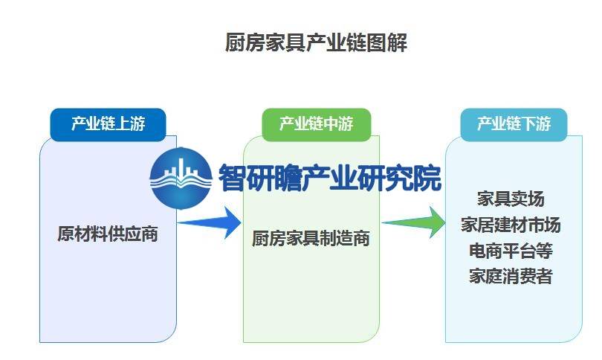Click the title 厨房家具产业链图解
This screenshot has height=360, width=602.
[x=316, y=42]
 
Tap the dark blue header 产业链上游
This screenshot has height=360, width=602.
[x=108, y=124]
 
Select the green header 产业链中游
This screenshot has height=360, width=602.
[x=317, y=124]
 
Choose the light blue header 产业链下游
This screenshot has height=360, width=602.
[x=514, y=124]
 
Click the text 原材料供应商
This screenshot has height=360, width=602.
[x=108, y=234]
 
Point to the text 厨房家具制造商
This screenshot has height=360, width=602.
[x=311, y=238]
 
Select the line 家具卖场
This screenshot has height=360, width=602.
[x=511, y=199]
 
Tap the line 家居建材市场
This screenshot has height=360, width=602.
[x=511, y=225]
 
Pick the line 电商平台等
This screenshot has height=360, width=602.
[x=511, y=251]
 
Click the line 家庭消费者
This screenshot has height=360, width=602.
[x=511, y=276]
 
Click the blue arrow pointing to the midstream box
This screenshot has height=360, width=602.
[x=210, y=222]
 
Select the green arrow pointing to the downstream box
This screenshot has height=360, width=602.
[x=414, y=222]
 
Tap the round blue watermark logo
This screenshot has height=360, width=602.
[x=181, y=179]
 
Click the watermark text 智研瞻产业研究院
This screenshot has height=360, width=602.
[x=330, y=178]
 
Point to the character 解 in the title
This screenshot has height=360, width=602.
[x=397, y=42]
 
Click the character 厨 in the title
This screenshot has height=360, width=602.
[x=235, y=42]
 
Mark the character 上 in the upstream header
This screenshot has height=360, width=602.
[x=123, y=124]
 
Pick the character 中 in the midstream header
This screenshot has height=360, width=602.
[x=331, y=124]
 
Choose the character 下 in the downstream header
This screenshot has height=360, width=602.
[x=528, y=124]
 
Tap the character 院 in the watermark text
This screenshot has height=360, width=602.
[x=427, y=178]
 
